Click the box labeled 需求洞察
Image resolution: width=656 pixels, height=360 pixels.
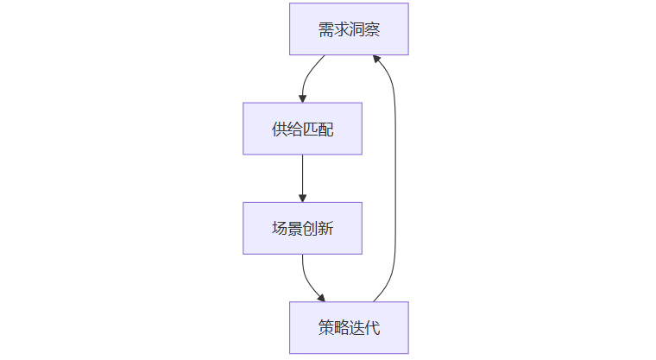(x=349, y=29)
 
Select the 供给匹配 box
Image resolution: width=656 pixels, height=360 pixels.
(x=302, y=129)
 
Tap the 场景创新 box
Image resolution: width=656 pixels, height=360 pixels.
(x=302, y=228)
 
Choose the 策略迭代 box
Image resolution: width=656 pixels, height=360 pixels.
(x=349, y=327)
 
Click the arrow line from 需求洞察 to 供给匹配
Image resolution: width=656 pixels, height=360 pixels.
(x=308, y=73)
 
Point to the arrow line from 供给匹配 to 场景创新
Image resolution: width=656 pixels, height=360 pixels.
(x=302, y=177)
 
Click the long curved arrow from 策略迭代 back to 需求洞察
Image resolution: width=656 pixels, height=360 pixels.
(x=395, y=173)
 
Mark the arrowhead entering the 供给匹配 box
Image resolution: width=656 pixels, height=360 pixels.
(x=302, y=98)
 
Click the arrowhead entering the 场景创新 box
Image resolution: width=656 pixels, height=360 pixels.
(x=302, y=198)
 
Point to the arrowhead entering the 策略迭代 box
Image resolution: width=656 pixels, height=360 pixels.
(x=320, y=297)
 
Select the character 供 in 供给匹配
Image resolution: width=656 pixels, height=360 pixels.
(x=279, y=129)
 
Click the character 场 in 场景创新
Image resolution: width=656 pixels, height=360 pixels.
(x=279, y=228)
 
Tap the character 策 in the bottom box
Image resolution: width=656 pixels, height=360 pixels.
(x=325, y=327)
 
